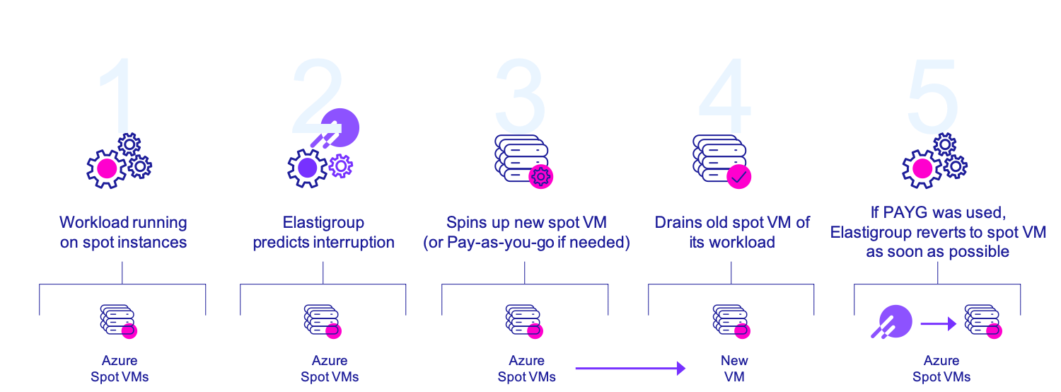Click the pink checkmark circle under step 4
[x=739, y=177]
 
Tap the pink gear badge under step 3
[x=541, y=176]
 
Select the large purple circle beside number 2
[x=341, y=127]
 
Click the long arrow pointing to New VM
[x=630, y=368]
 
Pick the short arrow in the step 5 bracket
[x=938, y=324]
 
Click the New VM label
[x=734, y=369]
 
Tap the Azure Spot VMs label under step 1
[x=120, y=369]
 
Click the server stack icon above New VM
[x=730, y=321]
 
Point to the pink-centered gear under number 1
[x=107, y=168]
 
